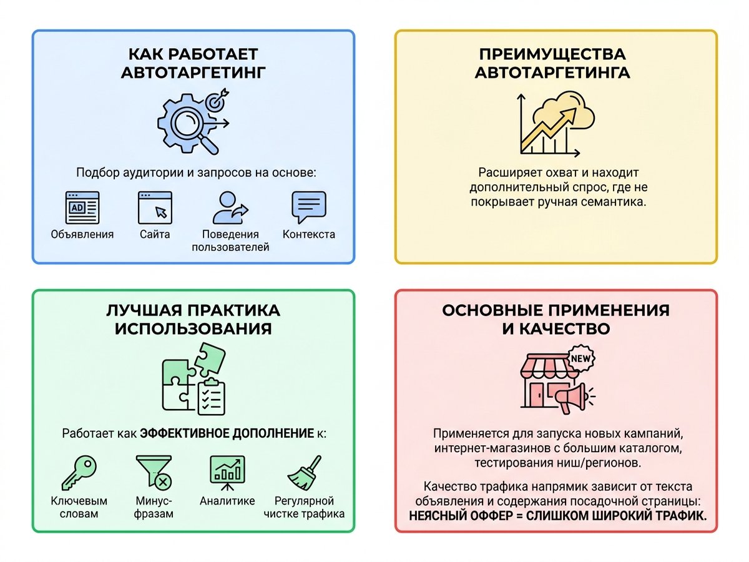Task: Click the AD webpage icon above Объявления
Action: point(82,207)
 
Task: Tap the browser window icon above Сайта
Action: point(155,207)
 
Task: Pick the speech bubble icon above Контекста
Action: point(309,207)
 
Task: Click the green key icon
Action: point(79,473)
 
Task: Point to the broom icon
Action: point(305,473)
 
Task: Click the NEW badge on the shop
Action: point(580,358)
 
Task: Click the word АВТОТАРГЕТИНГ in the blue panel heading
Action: point(193,72)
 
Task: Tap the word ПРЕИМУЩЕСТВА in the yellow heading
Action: point(552,54)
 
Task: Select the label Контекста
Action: point(309,234)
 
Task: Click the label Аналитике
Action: point(227,501)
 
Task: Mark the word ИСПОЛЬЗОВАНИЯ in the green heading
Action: point(193,329)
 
